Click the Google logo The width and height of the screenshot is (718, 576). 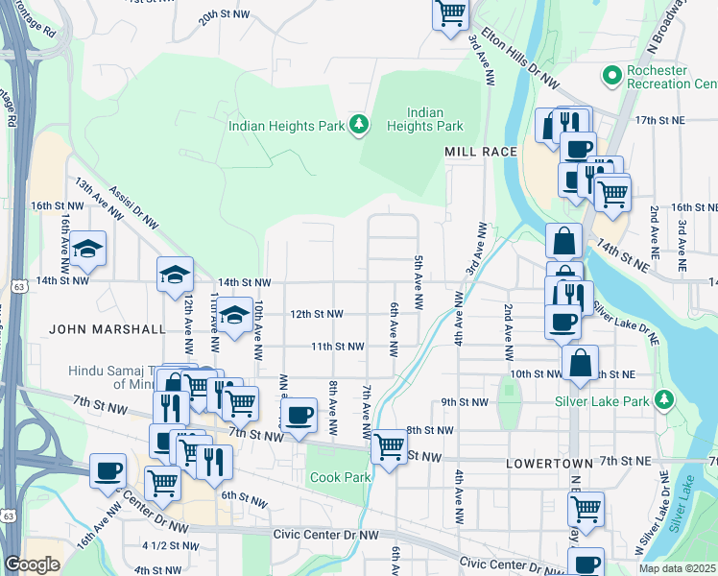(32, 565)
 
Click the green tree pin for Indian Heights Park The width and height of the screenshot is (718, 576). (359, 124)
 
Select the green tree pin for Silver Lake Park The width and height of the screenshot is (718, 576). (663, 398)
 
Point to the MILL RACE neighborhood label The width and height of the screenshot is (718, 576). (481, 152)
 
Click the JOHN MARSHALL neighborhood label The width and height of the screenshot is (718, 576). (107, 329)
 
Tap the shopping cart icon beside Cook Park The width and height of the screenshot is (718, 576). (389, 446)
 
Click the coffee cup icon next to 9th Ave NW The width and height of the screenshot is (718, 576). (299, 415)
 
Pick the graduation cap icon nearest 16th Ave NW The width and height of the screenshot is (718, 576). (88, 249)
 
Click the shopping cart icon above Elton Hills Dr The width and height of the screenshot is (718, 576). (449, 13)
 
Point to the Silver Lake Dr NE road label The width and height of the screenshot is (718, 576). (626, 323)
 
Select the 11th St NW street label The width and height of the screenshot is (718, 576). (337, 347)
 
